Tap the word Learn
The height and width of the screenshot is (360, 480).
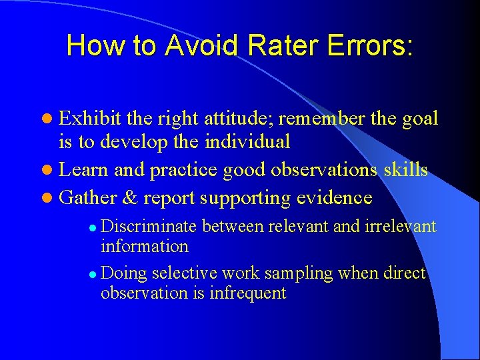coord(84,170)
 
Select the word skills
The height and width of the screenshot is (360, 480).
coord(405,170)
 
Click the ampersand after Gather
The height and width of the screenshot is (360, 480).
coord(131,198)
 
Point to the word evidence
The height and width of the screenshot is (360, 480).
coord(334,198)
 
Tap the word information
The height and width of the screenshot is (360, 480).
coord(145,247)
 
